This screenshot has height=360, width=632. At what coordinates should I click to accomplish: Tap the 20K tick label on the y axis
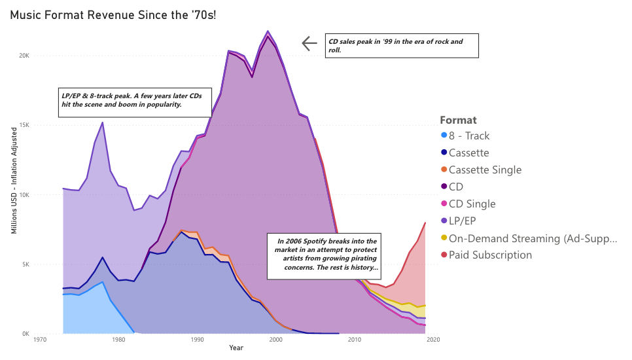click(x=23, y=56)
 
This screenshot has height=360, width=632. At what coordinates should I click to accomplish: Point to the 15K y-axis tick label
click(x=23, y=125)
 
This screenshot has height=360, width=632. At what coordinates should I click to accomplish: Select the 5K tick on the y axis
click(x=24, y=264)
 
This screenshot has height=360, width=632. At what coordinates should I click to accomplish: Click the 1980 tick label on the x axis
click(x=118, y=340)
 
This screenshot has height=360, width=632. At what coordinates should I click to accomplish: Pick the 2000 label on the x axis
click(x=275, y=340)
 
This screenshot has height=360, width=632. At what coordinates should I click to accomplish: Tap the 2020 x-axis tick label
click(x=432, y=340)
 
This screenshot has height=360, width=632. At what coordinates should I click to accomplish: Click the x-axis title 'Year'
click(x=236, y=348)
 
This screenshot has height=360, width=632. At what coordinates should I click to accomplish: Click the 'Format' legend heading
click(x=458, y=120)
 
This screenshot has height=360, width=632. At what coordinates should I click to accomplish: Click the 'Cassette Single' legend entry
click(x=485, y=170)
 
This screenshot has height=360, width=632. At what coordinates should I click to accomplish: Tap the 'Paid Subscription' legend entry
click(x=490, y=255)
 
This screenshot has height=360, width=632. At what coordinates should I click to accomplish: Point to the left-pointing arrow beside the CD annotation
click(x=309, y=44)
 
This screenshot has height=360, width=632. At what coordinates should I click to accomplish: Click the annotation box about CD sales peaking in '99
click(x=402, y=46)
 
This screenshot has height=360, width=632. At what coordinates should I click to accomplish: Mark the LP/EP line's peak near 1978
click(x=102, y=122)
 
